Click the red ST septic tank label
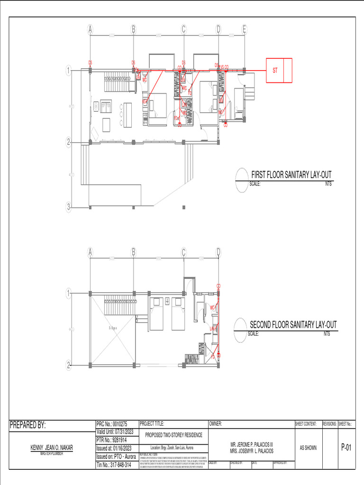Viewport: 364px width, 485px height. click(275, 71)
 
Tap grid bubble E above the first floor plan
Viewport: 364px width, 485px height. click(245, 29)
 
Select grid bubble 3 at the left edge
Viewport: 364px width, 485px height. click(69, 207)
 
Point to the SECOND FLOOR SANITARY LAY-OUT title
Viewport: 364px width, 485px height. click(293, 325)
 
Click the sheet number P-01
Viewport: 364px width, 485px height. click(346, 448)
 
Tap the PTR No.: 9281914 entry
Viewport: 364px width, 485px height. click(112, 440)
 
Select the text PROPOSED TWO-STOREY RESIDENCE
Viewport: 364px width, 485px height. click(173, 435)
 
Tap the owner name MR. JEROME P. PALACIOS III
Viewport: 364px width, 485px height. click(252, 445)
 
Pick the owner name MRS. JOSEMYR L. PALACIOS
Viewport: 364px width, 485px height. click(252, 451)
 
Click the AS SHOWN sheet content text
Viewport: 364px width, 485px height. click(308, 448)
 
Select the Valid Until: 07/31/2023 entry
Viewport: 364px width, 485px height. click(115, 432)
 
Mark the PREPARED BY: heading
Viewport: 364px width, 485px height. click(28, 425)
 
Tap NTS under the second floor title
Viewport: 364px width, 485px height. click(327, 334)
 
